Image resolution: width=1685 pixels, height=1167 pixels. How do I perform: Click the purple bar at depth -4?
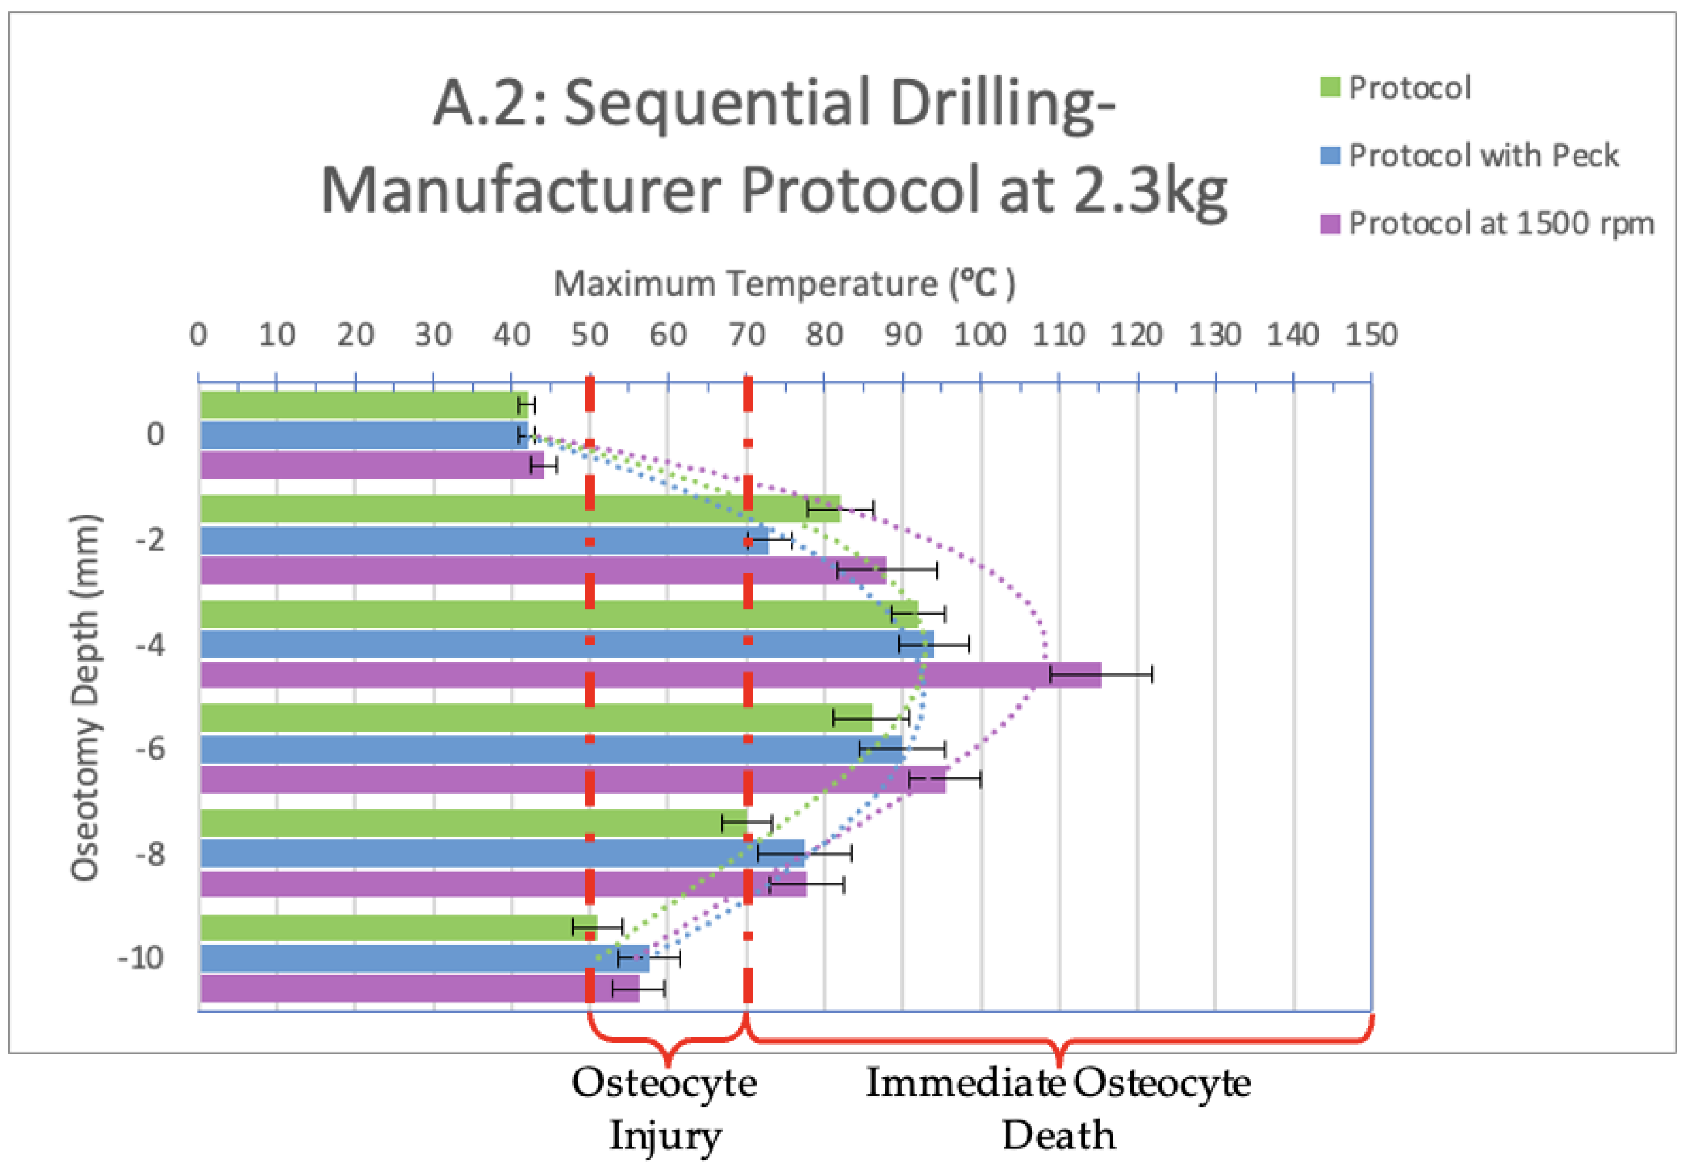coord(651,674)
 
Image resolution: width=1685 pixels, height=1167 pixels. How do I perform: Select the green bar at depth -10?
coord(399,927)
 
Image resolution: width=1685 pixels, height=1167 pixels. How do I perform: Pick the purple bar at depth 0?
coord(371,465)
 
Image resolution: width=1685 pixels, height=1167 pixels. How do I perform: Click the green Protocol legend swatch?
coord(1330,88)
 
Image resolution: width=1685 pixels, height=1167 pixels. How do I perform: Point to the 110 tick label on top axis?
coord(1058,336)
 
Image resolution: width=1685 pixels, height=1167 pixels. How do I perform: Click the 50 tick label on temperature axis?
coord(589,336)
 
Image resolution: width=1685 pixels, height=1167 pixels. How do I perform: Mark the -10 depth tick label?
coord(141,957)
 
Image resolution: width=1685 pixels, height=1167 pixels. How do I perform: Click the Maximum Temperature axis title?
coord(783,284)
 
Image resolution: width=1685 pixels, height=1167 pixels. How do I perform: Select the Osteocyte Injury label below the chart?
coord(664,1108)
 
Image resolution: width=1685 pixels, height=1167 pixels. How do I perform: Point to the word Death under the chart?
coord(1058,1136)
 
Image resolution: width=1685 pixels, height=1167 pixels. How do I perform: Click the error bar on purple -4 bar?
coord(1101,674)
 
